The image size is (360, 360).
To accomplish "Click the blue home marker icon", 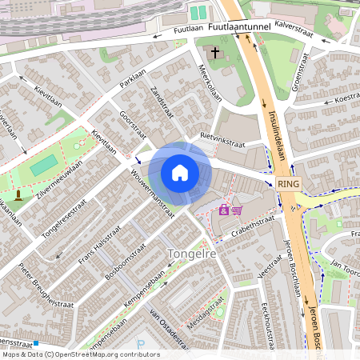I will click(x=180, y=173).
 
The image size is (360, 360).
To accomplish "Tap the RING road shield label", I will click(x=289, y=183).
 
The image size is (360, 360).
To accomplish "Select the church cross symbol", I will click(x=214, y=53).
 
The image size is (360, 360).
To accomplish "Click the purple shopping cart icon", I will click(x=237, y=210).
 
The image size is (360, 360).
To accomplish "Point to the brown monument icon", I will click(x=18, y=195).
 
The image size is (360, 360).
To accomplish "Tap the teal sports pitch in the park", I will click(x=45, y=165).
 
